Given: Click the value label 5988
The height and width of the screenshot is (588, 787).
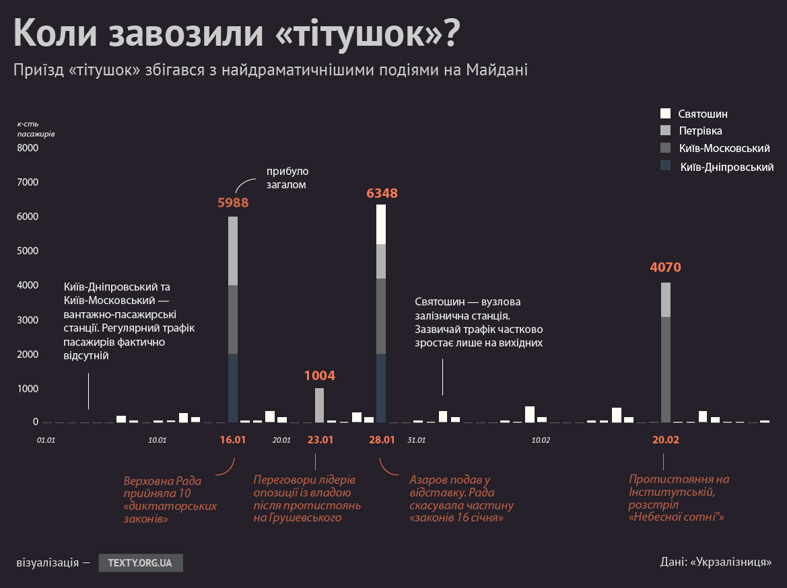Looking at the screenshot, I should coord(233,203).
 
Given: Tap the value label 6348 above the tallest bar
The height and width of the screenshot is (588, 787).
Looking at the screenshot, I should coord(382,194).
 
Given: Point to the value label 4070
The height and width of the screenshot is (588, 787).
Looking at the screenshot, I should coord(665,268).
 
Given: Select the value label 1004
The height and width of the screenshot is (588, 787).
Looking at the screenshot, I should coord(319,376).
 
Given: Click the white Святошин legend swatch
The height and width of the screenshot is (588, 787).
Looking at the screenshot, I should coord(666,114).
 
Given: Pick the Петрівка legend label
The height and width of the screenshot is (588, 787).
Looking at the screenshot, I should coord(700,131).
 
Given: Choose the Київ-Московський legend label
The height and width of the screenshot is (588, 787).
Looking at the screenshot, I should coord(724,149).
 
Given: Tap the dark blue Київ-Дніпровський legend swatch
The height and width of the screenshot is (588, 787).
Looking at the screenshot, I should coord(666,166).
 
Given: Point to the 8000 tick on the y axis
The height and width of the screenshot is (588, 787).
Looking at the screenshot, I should coord(28,148).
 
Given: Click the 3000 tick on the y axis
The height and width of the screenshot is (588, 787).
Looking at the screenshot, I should coord(28,320).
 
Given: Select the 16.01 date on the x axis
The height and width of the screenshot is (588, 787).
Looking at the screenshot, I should coord(233,440).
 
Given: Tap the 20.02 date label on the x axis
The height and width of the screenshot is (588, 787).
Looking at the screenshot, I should coord(665,440).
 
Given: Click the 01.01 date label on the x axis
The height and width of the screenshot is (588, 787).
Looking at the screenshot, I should coord(46,440).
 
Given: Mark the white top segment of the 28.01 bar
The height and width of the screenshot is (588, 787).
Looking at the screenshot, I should coord(381,224).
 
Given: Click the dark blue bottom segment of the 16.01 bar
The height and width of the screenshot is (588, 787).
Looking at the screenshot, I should coord(233,388).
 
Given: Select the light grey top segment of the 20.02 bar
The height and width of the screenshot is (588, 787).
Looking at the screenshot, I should coord(665,299).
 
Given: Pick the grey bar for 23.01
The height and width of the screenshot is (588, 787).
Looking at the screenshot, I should coord(319,405).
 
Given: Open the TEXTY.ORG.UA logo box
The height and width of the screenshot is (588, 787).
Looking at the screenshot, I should coord(141,562).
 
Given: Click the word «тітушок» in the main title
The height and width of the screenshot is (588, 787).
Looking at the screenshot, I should coord(356,34).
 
